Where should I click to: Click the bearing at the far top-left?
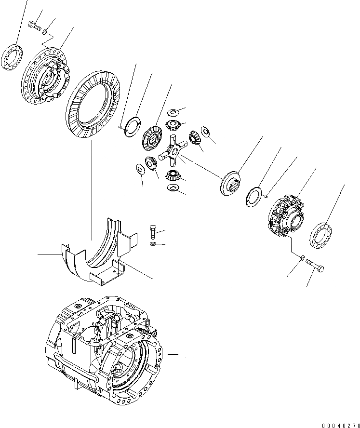click(x=13, y=57)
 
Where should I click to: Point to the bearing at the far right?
click(x=320, y=236)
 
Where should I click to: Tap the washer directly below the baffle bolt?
click(x=153, y=245)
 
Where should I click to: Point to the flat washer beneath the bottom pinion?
click(x=174, y=187)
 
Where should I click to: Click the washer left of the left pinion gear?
click(x=141, y=169)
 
